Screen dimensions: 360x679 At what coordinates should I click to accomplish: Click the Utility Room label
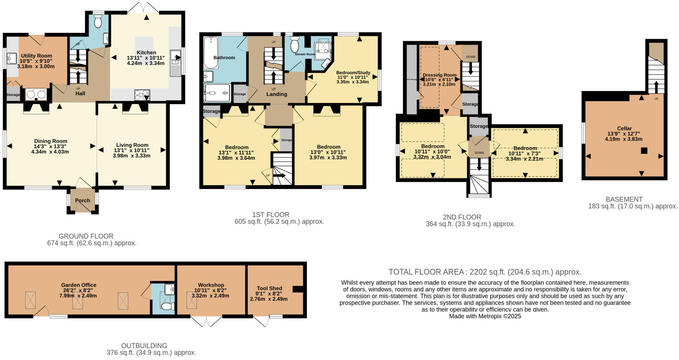click(36, 56)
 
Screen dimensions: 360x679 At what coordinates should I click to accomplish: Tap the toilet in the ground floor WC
click(98, 22)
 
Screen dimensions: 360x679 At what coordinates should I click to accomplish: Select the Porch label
click(83, 200)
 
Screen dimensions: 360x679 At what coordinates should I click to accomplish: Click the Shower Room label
click(305, 54)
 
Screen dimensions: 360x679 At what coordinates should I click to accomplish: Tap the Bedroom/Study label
click(353, 73)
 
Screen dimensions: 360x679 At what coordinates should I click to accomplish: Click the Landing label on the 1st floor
click(277, 94)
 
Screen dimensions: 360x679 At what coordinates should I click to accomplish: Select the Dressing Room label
click(440, 75)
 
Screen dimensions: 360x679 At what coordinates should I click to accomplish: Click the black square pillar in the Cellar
click(644, 150)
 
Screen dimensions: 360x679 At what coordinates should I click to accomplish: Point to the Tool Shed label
click(269, 288)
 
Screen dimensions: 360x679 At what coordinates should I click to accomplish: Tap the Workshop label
click(211, 285)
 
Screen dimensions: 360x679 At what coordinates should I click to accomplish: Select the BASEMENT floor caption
click(624, 199)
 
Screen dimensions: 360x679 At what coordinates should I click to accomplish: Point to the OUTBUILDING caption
click(144, 345)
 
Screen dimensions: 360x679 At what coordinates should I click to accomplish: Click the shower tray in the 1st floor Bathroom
click(217, 93)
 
